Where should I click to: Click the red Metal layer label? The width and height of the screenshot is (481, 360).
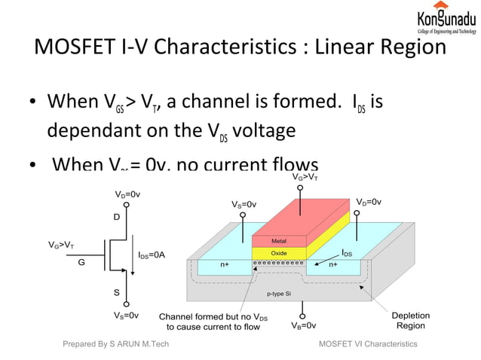pos(278,241)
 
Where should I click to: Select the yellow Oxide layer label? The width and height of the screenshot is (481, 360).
pos(278,253)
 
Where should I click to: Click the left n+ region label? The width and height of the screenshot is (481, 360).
pos(225,265)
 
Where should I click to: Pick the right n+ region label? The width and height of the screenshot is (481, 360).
pos(332,265)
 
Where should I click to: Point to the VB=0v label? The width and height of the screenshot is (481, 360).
pos(303,326)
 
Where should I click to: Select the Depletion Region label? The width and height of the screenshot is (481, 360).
pos(411,320)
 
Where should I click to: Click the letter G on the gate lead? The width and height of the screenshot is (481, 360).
pos(81,263)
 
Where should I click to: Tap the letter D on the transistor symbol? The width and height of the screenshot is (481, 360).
pos(116,217)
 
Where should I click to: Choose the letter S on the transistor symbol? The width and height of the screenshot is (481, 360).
pos(116,291)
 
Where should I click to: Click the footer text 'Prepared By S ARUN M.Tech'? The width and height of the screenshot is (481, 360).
pos(115,344)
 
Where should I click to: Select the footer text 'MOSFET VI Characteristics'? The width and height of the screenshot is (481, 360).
pos(368,344)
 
